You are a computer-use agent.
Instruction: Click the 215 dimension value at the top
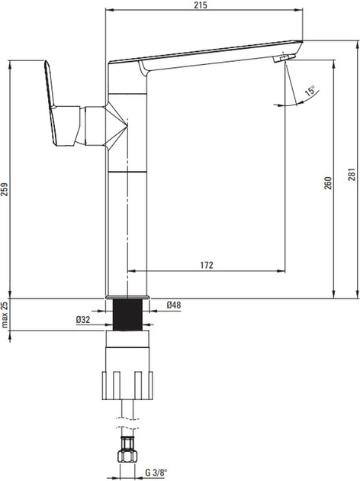tap(201, 5)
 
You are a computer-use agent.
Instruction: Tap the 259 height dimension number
tap(4, 189)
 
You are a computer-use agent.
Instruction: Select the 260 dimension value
tap(328, 183)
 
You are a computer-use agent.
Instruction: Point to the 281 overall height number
tap(352, 174)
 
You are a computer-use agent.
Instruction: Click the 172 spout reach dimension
tap(207, 265)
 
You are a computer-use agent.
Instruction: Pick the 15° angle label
tap(310, 92)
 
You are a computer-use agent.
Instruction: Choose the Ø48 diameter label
tap(174, 305)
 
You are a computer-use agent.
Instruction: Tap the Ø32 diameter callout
tap(83, 320)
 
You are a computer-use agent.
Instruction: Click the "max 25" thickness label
tap(4, 315)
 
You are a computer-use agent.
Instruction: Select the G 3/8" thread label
tap(155, 472)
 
